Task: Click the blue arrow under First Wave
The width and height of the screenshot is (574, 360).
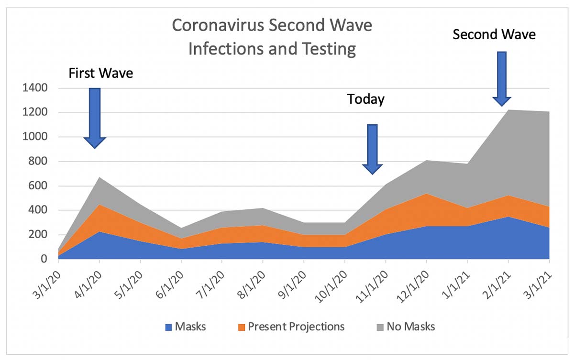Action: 95,117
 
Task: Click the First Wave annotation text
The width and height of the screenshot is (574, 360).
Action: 100,74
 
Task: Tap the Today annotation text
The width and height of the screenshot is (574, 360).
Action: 366,99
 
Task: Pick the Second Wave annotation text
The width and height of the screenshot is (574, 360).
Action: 494,35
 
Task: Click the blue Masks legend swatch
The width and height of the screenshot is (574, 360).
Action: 168,327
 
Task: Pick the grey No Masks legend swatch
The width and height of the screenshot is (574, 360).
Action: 381,327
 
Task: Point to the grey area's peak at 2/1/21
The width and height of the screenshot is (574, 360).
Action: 508,111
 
